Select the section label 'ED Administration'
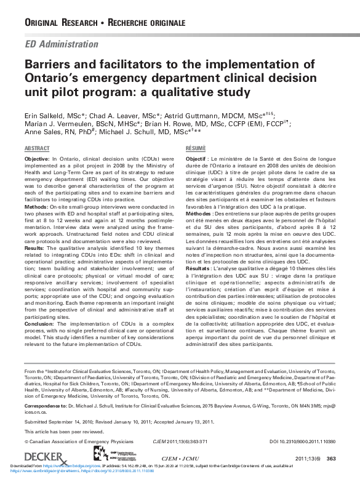[x=61, y=44]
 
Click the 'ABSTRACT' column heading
[x=37, y=150]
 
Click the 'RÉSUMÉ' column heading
[x=196, y=150]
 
